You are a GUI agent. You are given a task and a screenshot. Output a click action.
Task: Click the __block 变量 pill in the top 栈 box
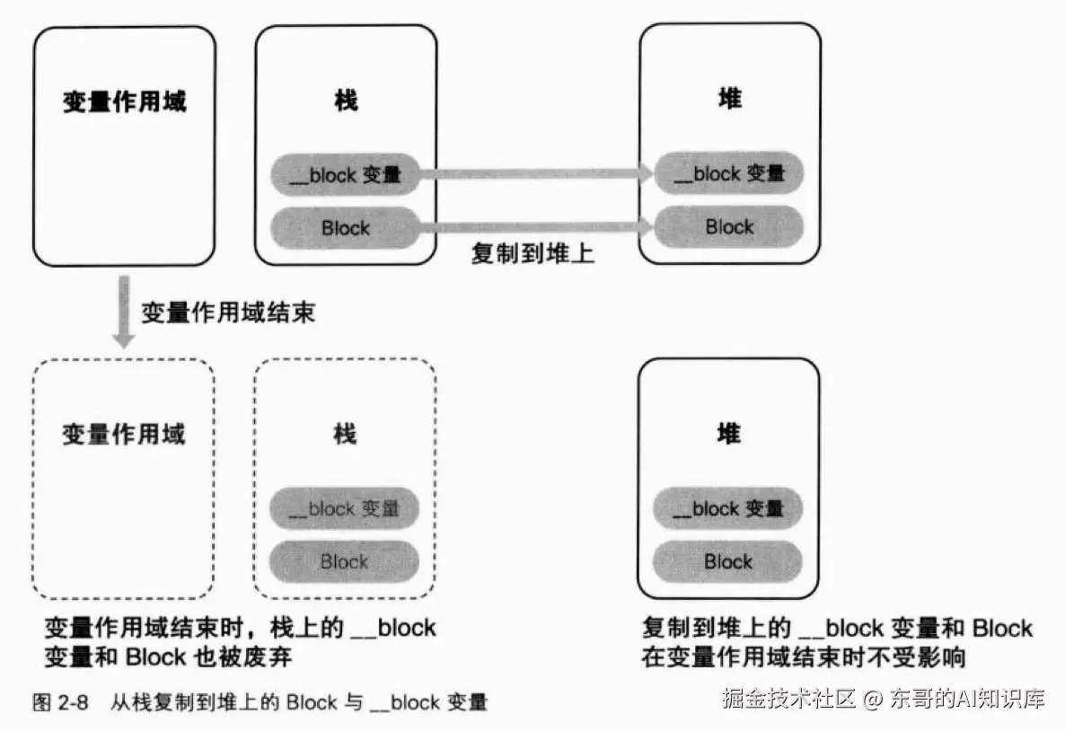pos(345,174)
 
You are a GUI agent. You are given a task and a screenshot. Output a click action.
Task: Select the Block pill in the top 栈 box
pos(345,227)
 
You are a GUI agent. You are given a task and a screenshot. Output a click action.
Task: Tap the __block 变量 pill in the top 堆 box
pos(729,173)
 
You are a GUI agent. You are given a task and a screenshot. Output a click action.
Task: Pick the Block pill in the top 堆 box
pos(729,226)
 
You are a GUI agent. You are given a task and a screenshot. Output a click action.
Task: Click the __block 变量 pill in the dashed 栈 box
pos(344,508)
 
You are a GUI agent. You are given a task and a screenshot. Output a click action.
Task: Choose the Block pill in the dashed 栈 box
pos(344,562)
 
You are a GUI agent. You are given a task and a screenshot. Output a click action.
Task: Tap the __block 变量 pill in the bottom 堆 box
pos(727,508)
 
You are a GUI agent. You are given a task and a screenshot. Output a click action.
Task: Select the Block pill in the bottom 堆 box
pos(727,562)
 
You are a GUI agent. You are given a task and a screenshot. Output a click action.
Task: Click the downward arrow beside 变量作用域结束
pos(124,311)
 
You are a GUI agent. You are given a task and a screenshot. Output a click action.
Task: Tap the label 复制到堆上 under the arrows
pos(533,253)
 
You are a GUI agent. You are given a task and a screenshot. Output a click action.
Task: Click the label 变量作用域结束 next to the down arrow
pos(228,313)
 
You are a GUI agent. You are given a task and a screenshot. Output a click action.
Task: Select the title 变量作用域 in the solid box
pos(124,101)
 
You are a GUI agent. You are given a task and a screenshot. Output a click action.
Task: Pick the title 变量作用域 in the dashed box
pos(124,434)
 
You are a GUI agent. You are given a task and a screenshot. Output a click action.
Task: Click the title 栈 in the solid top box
pos(346,101)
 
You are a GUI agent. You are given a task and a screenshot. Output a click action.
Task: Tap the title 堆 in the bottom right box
pos(729,433)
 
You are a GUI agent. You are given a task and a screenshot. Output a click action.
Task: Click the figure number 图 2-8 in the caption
pos(60,702)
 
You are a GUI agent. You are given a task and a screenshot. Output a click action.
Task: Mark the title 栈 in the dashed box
pos(344,434)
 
